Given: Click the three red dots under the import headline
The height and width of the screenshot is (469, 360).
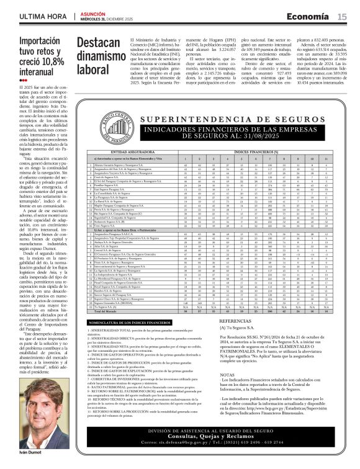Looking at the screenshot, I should (23, 80).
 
